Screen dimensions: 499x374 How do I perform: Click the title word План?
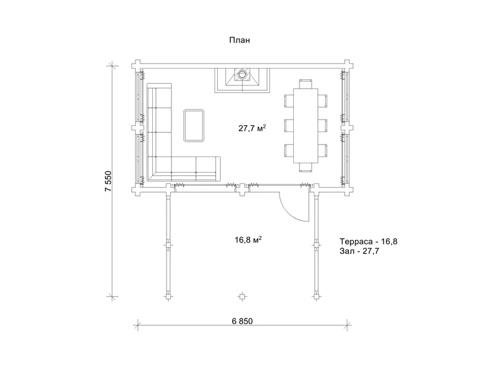pos(240,40)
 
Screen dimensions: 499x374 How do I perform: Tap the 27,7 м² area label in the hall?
pos(252,128)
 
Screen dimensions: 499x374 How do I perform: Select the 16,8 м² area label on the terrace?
pos(248,239)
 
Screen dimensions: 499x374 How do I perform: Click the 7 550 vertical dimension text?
pos(109,181)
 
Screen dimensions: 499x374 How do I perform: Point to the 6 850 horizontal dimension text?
pos(242,321)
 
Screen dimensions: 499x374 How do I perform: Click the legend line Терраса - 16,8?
pos(369,241)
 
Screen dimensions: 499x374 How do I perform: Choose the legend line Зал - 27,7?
pos(359,251)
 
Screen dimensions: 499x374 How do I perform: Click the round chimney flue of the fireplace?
pos(243,74)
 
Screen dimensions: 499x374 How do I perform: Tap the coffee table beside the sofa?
pos(193,125)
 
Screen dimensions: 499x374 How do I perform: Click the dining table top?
pos(306,126)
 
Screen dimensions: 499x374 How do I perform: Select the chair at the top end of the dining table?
pos(306,84)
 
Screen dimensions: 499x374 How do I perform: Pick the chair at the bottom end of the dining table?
pos(306,167)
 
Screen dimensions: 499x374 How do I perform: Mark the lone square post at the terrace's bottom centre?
pos(242,297)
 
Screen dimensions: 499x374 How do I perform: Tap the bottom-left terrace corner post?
pos(168,297)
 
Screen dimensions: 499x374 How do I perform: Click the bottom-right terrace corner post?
pos(316,297)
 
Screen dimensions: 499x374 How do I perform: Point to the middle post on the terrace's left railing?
pos(168,245)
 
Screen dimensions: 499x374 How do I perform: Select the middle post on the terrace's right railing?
pos(316,245)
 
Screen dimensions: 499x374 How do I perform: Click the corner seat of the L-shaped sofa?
pos(160,168)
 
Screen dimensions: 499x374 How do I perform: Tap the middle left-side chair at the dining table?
pos(289,125)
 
